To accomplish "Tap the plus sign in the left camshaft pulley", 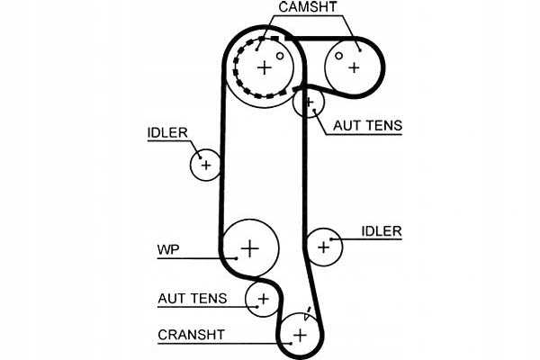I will [264, 67].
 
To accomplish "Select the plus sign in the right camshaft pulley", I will [354, 67].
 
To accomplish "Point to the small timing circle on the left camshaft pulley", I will [280, 56].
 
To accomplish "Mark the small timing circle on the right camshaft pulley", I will [338, 55].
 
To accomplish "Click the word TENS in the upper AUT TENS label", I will [382, 126].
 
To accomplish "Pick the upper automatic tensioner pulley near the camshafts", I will [309, 103].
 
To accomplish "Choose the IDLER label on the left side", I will [167, 133].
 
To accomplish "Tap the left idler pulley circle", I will [206, 165].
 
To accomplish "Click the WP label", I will [167, 249].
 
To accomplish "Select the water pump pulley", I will [250, 247].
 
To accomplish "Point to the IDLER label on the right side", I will [381, 231].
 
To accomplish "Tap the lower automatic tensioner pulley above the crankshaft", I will [263, 298].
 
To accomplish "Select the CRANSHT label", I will [191, 335].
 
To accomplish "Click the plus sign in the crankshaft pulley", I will [300, 335].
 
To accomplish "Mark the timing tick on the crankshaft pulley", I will [308, 316].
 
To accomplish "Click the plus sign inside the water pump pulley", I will [250, 247].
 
